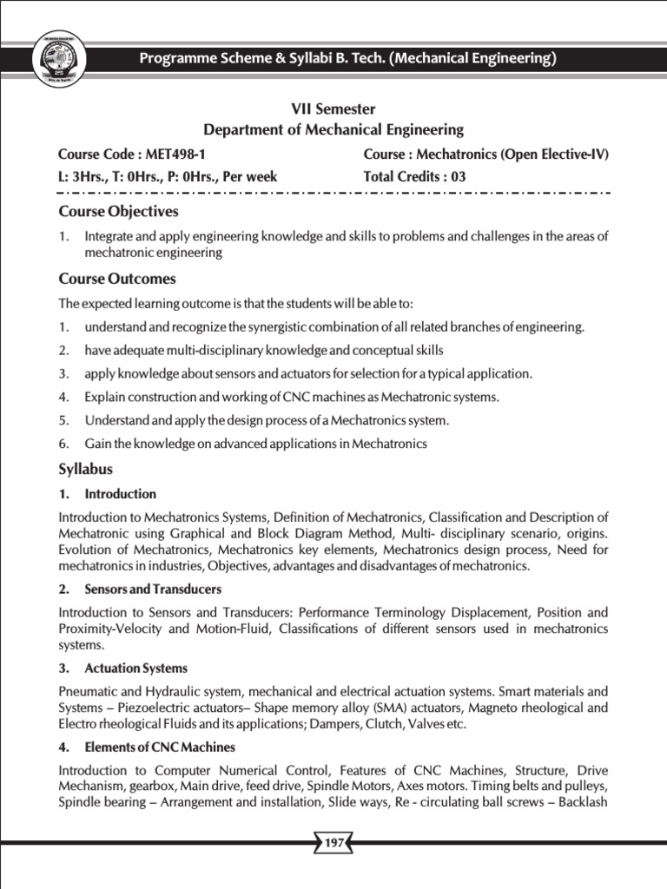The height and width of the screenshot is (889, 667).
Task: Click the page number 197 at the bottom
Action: [x=334, y=842]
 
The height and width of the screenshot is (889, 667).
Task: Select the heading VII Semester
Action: [x=333, y=109]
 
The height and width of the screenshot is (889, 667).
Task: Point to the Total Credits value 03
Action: [x=458, y=176]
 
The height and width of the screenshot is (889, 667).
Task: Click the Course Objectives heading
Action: [x=118, y=211]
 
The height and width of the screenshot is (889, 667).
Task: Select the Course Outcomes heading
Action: [x=117, y=279]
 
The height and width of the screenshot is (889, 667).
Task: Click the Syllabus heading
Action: [x=85, y=469]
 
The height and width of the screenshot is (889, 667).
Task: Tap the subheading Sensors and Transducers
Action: [x=153, y=589]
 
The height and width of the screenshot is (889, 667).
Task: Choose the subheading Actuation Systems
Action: [x=135, y=668]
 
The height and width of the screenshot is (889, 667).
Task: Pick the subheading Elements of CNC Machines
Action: [x=160, y=747]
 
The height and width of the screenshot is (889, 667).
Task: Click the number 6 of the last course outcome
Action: [x=63, y=444]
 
